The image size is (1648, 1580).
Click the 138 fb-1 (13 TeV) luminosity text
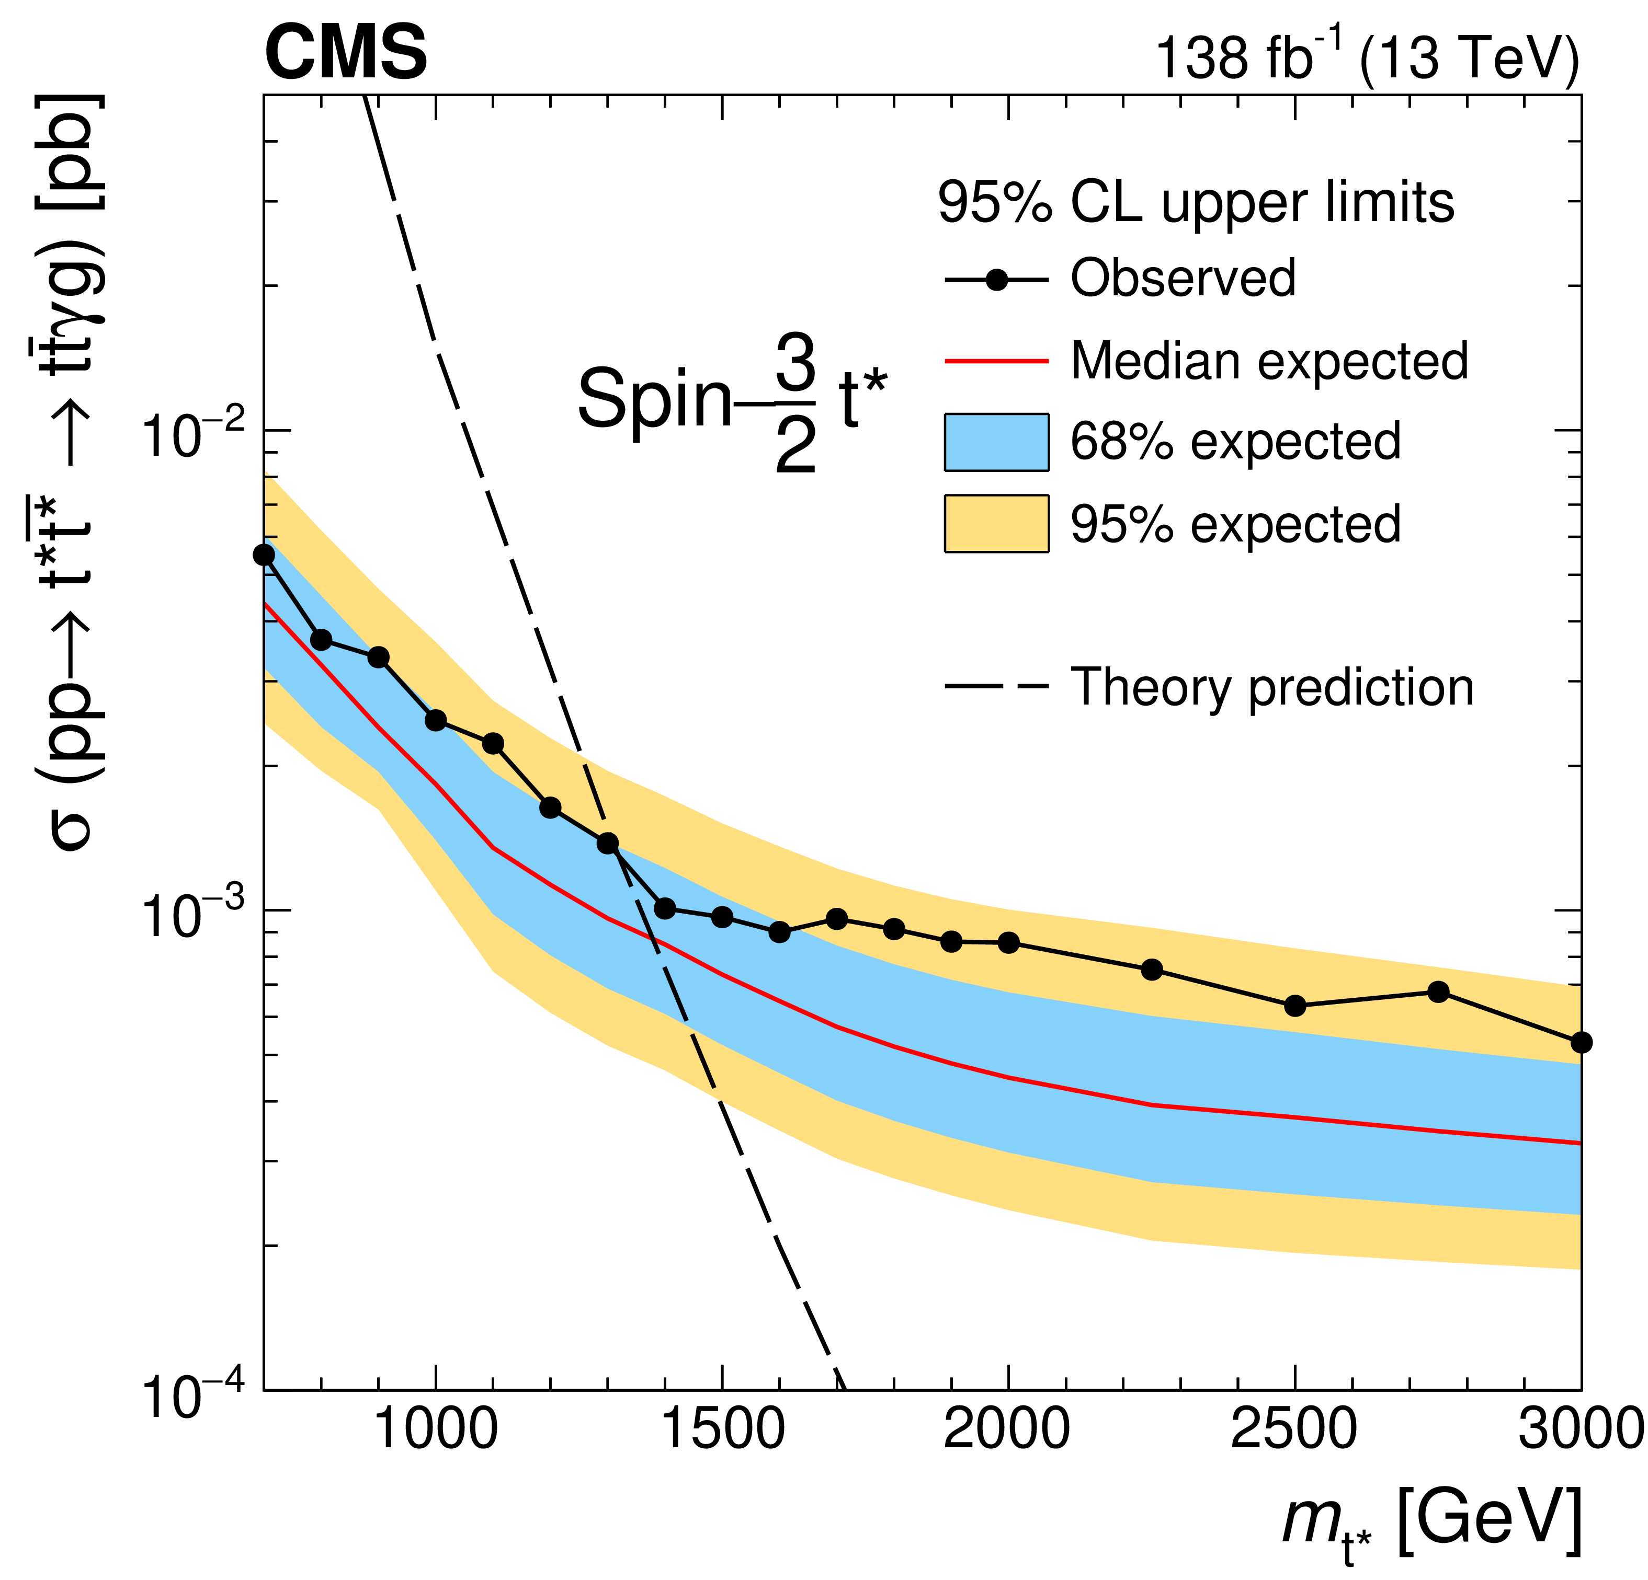[1366, 57]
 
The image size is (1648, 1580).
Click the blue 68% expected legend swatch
[996, 442]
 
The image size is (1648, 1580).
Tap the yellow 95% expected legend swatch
[996, 524]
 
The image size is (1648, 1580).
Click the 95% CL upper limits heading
[1196, 203]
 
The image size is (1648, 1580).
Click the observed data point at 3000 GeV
[1581, 1042]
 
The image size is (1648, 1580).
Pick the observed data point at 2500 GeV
[1295, 1005]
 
